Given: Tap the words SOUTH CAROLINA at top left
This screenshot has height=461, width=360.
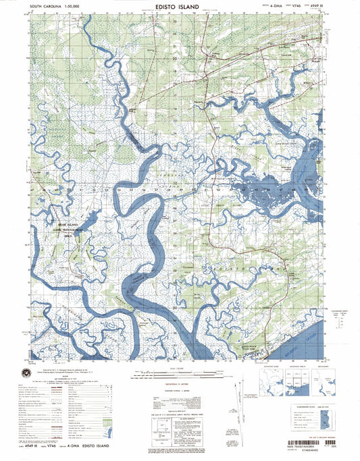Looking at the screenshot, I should click(45, 6).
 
